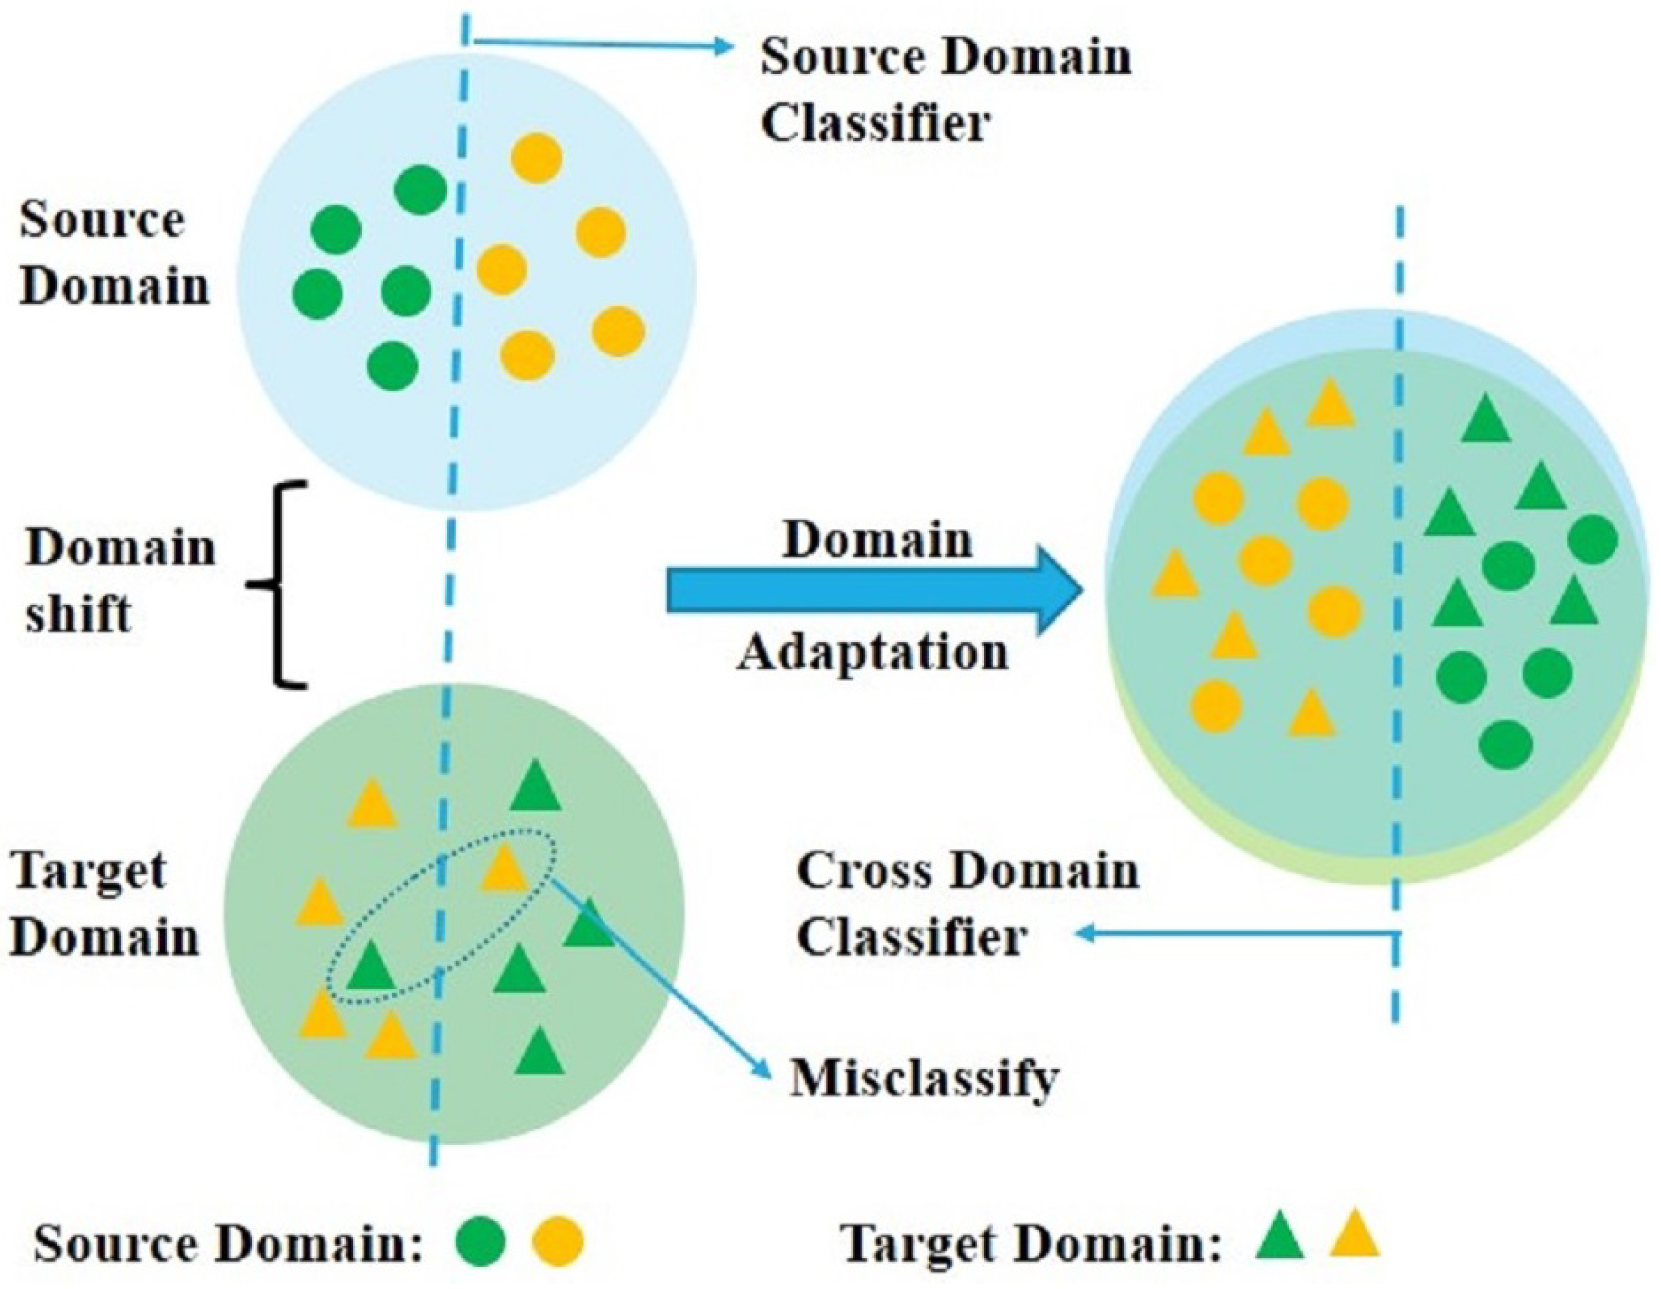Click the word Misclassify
[x=924, y=1078]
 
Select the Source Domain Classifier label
[x=946, y=90]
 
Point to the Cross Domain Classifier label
[x=967, y=904]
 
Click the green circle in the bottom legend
[x=480, y=1241]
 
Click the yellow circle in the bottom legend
[x=558, y=1241]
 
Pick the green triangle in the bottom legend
[x=1279, y=1235]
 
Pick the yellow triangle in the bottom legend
[x=1354, y=1235]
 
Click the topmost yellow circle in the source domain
[x=537, y=158]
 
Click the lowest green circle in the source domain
[x=393, y=366]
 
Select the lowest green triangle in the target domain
[x=539, y=1054]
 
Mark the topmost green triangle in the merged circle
[x=1486, y=421]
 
